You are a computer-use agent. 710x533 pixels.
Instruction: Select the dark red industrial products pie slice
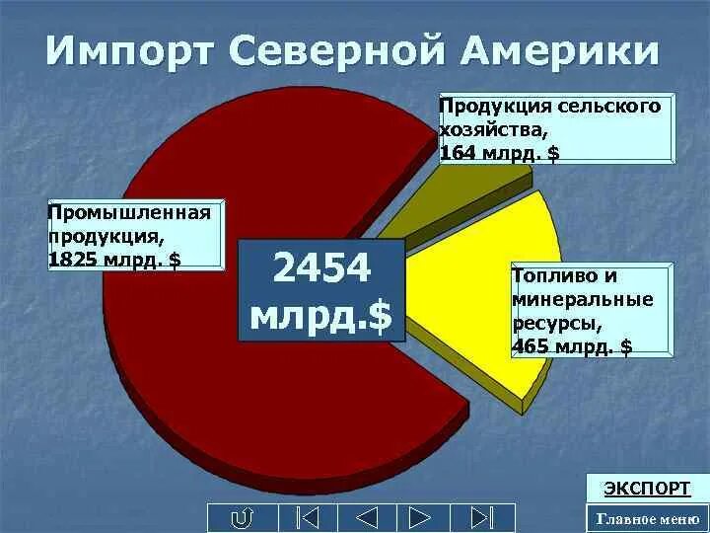197,375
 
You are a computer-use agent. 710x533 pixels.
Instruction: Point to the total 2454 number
321,268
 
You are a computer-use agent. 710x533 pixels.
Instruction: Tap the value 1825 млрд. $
113,259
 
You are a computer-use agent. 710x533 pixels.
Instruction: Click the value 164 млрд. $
499,153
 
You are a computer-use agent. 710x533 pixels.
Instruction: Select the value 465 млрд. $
573,345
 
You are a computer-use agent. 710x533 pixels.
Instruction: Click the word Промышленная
129,213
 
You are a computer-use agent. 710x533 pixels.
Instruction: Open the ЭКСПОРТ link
647,489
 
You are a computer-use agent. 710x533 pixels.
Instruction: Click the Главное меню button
646,518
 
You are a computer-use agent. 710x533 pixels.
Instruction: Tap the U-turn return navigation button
241,518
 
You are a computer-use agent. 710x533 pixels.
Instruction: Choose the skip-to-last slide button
480,518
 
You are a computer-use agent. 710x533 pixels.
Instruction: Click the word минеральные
582,299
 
